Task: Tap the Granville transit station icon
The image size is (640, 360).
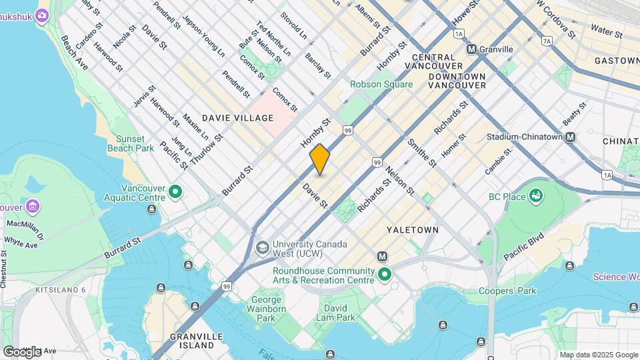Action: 471,49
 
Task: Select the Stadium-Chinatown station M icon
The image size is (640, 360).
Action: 570,137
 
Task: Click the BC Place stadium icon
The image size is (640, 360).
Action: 535,195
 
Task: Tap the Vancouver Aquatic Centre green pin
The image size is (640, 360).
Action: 175,192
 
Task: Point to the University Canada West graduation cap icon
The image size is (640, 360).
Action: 263,247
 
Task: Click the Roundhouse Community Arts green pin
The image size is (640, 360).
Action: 384,274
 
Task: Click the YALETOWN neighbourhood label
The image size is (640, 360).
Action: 413,230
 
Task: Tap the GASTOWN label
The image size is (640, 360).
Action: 617,61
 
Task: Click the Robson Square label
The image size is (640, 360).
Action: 381,85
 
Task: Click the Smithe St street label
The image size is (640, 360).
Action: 421,153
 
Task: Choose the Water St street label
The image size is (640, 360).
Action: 606,31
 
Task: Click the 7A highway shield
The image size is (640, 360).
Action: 547,41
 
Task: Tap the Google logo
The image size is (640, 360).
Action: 22,351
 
